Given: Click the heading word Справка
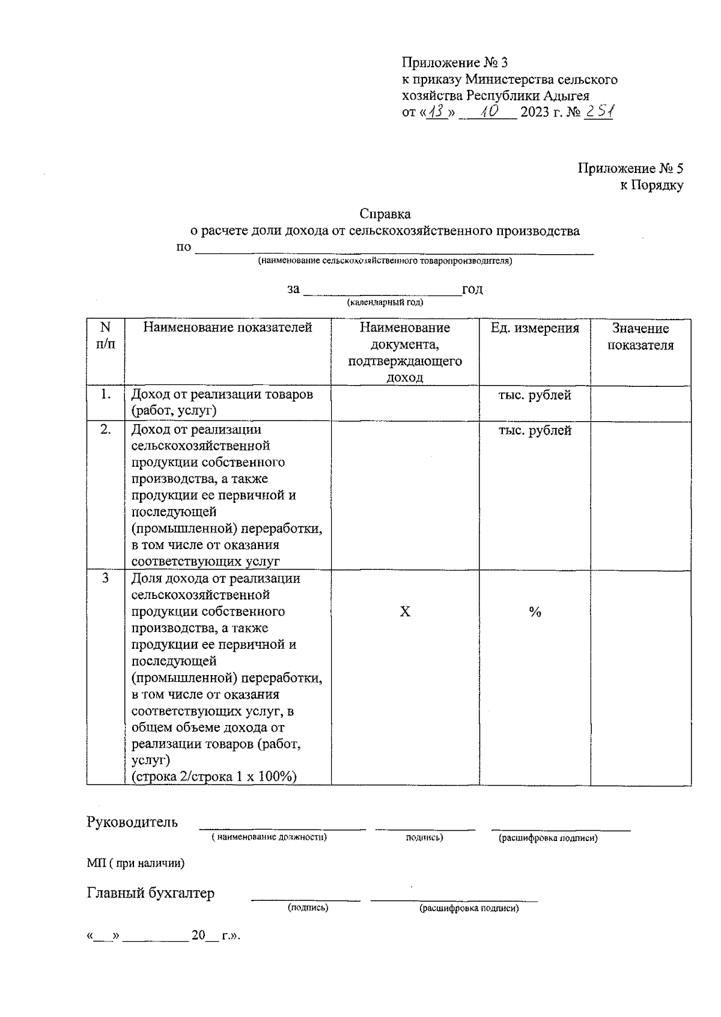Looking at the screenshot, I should pyautogui.click(x=385, y=214).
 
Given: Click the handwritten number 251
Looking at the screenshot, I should pyautogui.click(x=598, y=112).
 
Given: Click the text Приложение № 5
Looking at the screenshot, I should pyautogui.click(x=630, y=168).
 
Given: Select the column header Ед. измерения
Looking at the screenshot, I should pyautogui.click(x=535, y=328).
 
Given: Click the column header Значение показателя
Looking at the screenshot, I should pyautogui.click(x=640, y=336).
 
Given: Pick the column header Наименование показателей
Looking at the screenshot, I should pyautogui.click(x=228, y=327).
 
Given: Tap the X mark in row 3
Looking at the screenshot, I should pyautogui.click(x=405, y=612).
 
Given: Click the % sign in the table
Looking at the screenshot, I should pyautogui.click(x=535, y=612).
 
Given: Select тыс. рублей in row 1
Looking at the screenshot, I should pyautogui.click(x=535, y=395).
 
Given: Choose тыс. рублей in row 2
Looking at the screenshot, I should pyautogui.click(x=535, y=431).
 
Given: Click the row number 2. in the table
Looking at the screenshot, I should pyautogui.click(x=106, y=430).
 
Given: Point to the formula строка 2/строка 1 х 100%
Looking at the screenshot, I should pyautogui.click(x=214, y=777).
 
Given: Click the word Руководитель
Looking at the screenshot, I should pyautogui.click(x=132, y=822).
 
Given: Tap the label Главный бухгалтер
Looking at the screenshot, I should pyautogui.click(x=151, y=893).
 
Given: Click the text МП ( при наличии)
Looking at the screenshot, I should pyautogui.click(x=136, y=863).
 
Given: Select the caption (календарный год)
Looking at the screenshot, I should pyautogui.click(x=385, y=302).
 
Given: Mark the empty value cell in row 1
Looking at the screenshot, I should pyautogui.click(x=640, y=402).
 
